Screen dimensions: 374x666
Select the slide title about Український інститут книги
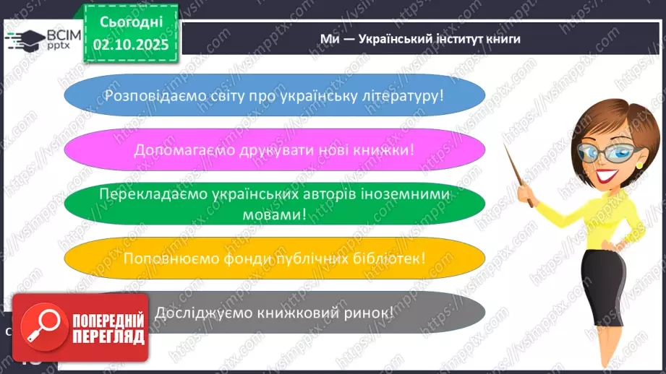click(x=420, y=39)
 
